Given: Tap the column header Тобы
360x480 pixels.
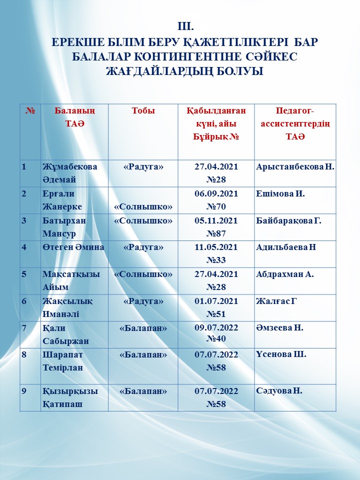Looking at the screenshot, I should tap(143, 111).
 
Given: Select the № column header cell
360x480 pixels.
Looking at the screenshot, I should tap(30, 111).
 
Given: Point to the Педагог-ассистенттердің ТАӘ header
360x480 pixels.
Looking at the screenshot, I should tap(295, 123).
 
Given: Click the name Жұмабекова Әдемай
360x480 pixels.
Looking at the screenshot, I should tap(69, 173).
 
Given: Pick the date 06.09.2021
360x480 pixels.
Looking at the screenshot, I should tap(216, 193).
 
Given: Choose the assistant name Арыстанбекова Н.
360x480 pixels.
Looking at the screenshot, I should tap(294, 167).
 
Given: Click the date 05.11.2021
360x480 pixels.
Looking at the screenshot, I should tap(216, 220).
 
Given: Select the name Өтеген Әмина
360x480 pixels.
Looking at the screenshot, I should tap(73, 247).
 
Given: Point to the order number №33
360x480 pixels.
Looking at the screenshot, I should tap(216, 260).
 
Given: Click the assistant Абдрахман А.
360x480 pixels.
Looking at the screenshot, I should tap(284, 274).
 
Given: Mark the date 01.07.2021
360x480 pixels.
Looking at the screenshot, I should tap(216, 301).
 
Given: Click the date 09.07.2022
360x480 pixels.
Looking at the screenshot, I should tap(216, 328).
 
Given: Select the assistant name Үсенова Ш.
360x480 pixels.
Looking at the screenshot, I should tap(280, 354).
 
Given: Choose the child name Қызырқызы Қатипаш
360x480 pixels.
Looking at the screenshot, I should tap(69, 397).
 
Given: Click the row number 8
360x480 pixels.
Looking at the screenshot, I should tap(24, 354).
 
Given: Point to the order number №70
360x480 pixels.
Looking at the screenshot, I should tap(216, 206).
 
